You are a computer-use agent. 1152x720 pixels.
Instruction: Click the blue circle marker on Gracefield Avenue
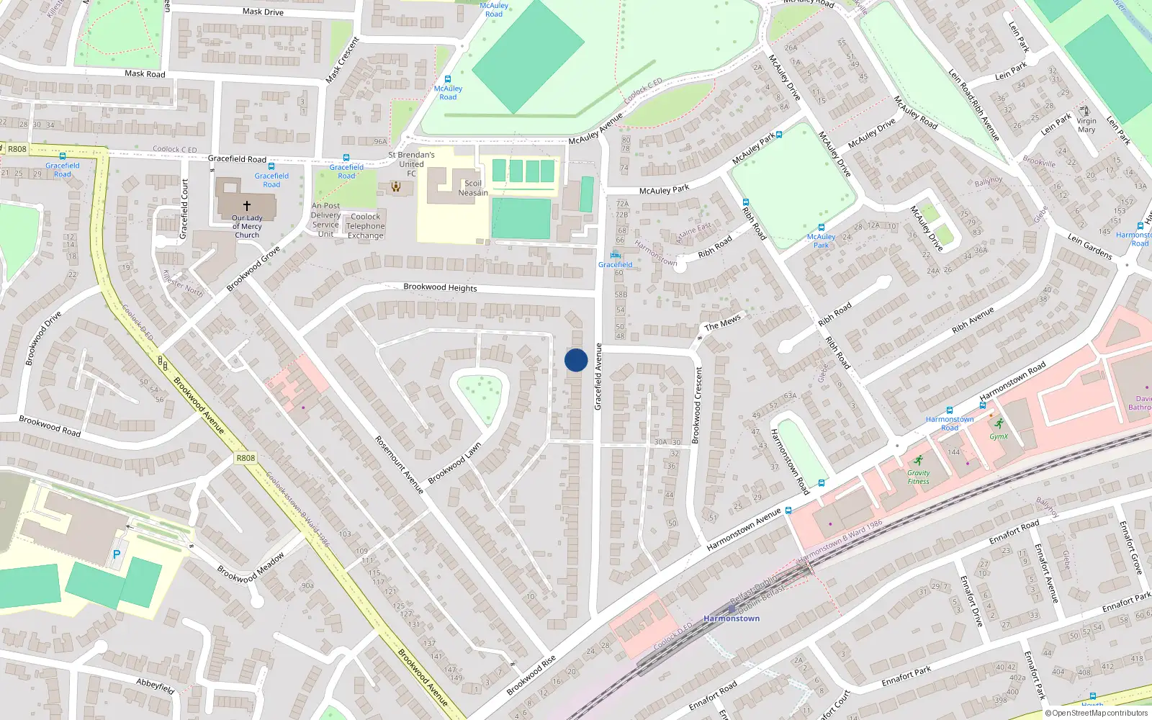pos(576,360)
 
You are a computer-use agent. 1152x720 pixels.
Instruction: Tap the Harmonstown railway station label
pos(732,618)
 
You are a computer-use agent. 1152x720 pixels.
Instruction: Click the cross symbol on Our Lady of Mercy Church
pos(247,205)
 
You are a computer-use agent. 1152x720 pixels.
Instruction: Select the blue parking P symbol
pos(117,554)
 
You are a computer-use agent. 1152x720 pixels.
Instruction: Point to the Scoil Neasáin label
pos(473,188)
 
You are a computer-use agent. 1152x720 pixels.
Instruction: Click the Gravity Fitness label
pos(918,477)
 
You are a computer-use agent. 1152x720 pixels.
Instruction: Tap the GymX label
pos(999,436)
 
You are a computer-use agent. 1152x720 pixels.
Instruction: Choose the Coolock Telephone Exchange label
pos(366,226)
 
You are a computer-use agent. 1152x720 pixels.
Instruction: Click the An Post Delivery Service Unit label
pos(325,220)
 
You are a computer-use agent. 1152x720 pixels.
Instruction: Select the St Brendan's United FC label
pos(411,164)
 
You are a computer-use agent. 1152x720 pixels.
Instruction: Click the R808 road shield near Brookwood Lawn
pos(246,458)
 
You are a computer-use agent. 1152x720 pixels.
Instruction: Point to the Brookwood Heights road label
pos(440,287)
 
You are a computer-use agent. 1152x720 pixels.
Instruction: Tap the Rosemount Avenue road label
pos(399,464)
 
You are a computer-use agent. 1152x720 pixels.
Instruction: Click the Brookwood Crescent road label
pos(697,405)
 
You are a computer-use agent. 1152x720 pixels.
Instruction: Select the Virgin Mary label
pos(1086,125)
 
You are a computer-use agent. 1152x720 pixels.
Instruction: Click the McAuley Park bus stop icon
pos(778,134)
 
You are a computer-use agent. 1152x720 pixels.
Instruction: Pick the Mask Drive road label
pos(263,12)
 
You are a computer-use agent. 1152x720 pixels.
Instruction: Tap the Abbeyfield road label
pos(156,685)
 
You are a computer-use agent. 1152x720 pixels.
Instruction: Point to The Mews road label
pos(722,323)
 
